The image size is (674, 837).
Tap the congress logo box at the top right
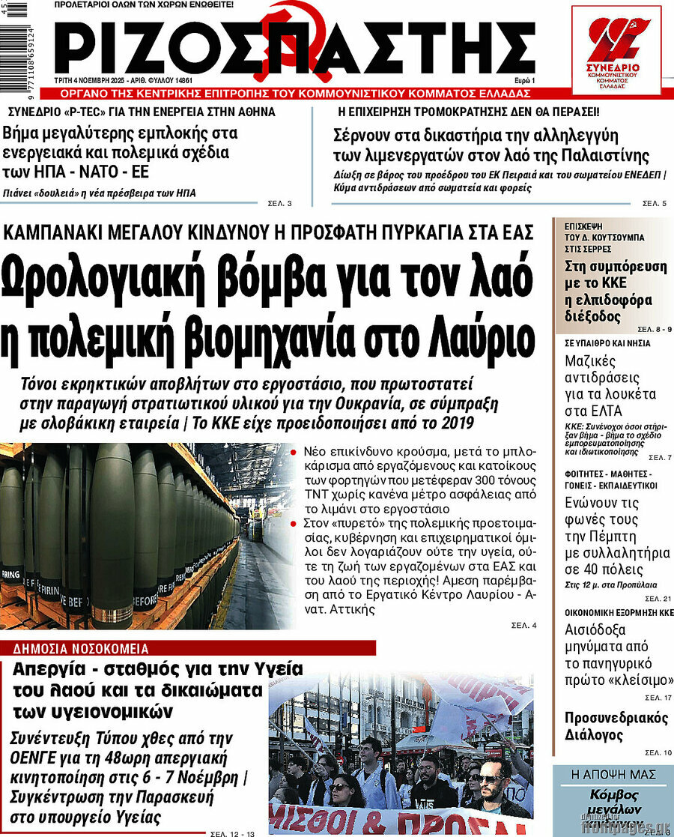616,50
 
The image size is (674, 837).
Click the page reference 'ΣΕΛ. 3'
279,204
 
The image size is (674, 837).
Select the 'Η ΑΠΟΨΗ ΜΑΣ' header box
611,774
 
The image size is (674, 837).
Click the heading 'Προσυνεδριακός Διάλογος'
616,726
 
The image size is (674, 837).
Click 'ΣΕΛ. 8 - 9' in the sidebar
655,330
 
